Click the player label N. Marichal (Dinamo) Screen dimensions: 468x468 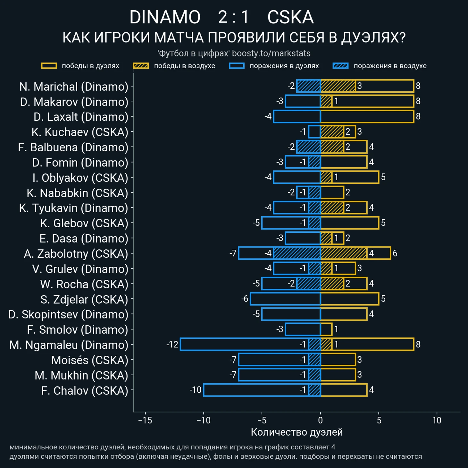pyautogui.click(x=74, y=87)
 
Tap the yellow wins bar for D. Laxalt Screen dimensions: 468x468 pyautogui.click(x=367, y=116)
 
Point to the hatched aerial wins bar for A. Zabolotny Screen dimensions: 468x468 pyautogui.click(x=344, y=253)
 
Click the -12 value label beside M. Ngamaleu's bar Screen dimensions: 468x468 pyautogui.click(x=172, y=345)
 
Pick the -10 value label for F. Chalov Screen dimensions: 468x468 pyautogui.click(x=196, y=390)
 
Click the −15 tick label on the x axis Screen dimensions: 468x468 pyautogui.click(x=145, y=420)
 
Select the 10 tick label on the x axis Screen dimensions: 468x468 pyautogui.click(x=437, y=420)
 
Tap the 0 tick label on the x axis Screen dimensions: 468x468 pyautogui.click(x=321, y=420)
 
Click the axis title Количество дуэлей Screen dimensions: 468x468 pyautogui.click(x=297, y=432)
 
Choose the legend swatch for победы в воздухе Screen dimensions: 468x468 pyautogui.click(x=141, y=66)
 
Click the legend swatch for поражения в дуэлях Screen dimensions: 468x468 pyautogui.click(x=237, y=66)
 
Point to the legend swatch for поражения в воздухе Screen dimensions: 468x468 pyautogui.click(x=340, y=66)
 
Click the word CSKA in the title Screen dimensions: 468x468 pyautogui.click(x=290, y=17)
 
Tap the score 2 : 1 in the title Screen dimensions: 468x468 pyautogui.click(x=233, y=17)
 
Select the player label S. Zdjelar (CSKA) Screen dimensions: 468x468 pyautogui.click(x=84, y=299)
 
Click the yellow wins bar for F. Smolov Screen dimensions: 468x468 pyautogui.click(x=326, y=330)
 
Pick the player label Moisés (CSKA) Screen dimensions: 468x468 pyautogui.click(x=90, y=360)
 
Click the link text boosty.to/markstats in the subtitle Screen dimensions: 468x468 pyautogui.click(x=271, y=53)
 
